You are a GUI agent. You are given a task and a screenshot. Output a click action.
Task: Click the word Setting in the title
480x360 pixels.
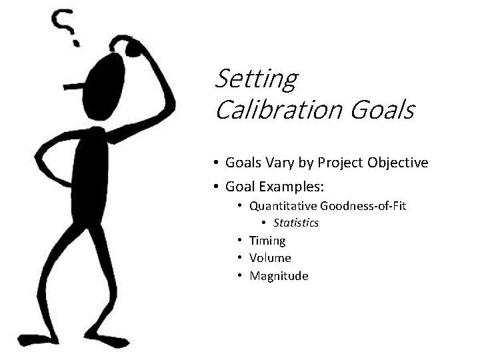255,79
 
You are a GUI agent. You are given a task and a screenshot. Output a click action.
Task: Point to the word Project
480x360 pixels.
340,163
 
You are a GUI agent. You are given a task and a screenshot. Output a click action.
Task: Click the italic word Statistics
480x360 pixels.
295,223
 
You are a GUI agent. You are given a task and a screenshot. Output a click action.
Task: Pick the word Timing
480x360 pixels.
267,241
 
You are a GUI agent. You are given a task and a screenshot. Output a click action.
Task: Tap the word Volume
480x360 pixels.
270,258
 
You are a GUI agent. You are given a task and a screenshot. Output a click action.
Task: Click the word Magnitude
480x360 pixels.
279,276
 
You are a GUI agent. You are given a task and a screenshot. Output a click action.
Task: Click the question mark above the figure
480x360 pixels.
66,27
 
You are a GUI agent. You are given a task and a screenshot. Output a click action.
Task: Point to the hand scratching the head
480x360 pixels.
131,47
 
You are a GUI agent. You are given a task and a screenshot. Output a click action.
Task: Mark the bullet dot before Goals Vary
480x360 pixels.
217,163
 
